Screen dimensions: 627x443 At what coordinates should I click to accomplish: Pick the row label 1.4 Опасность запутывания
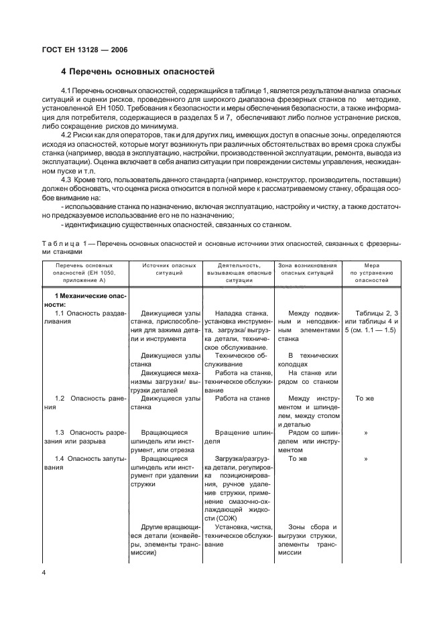pyautogui.click(x=84, y=462)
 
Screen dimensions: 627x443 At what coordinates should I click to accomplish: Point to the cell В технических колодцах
pyautogui.click(x=310, y=359)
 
